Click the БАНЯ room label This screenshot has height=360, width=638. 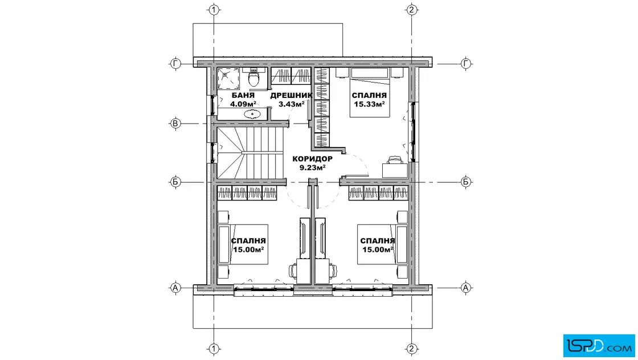[x=243, y=96]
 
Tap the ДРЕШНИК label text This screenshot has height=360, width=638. [x=291, y=96]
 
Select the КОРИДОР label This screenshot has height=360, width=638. [x=313, y=159]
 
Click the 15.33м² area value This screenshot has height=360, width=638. [x=370, y=104]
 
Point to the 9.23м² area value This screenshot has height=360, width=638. [x=313, y=167]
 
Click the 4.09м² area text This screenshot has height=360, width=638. [x=243, y=104]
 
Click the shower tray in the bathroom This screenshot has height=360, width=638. [x=228, y=79]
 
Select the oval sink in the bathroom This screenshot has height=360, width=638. [x=253, y=114]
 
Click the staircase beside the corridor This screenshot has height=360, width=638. [x=250, y=153]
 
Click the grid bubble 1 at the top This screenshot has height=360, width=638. [x=214, y=10]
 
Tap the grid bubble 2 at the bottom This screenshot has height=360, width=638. [x=411, y=349]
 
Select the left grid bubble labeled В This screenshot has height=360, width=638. [x=175, y=123]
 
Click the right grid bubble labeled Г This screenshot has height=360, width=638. [x=466, y=63]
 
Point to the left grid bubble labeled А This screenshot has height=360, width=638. [x=175, y=288]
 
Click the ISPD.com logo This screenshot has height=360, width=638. [x=599, y=346]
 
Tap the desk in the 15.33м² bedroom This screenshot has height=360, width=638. [x=395, y=170]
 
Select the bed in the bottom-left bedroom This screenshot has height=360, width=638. [x=243, y=244]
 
